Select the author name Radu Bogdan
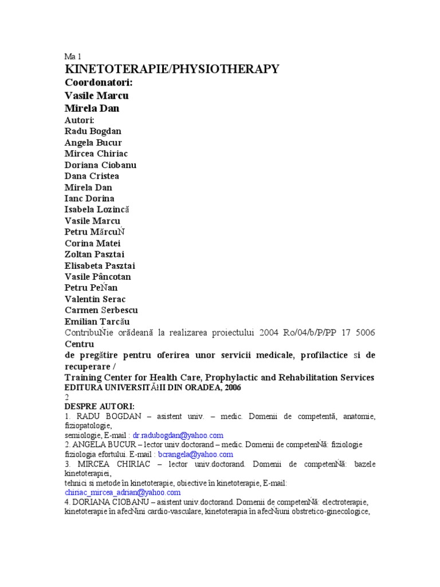click(93, 131)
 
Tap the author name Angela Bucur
click(93, 143)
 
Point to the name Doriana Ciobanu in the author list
click(100, 165)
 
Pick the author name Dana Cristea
click(92, 176)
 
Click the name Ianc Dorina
click(89, 198)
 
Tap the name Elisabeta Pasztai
click(100, 266)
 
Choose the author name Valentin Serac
click(95, 299)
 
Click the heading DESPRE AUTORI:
click(100, 406)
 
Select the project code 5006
click(364, 333)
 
